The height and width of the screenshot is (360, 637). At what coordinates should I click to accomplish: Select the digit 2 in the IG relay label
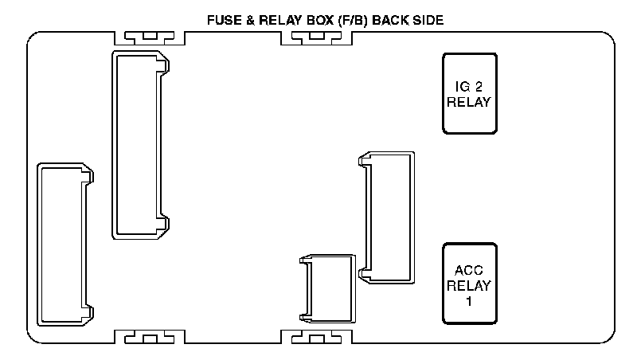tap(479, 87)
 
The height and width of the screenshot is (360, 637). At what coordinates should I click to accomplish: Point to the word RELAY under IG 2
tap(470, 102)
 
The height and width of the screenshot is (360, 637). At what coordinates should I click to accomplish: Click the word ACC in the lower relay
tap(470, 271)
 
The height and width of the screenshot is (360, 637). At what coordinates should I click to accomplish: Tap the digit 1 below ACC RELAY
tap(470, 301)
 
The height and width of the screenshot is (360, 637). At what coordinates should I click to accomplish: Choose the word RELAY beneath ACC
tap(470, 286)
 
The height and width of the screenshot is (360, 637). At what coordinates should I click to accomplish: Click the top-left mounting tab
tap(150, 37)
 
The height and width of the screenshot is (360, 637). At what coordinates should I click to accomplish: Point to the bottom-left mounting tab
tap(150, 337)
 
